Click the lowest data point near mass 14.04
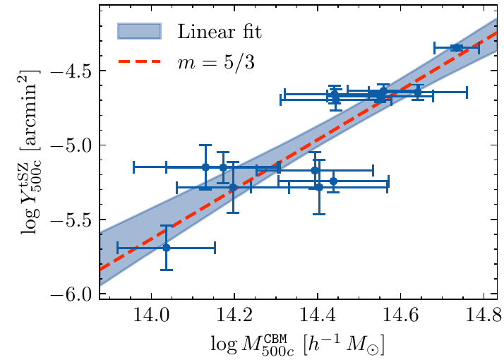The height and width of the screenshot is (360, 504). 167,248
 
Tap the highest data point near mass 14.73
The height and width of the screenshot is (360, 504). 456,47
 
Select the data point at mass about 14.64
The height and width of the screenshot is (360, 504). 418,92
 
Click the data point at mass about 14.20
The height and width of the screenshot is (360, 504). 233,187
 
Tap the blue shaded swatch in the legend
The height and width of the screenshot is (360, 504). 140,31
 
